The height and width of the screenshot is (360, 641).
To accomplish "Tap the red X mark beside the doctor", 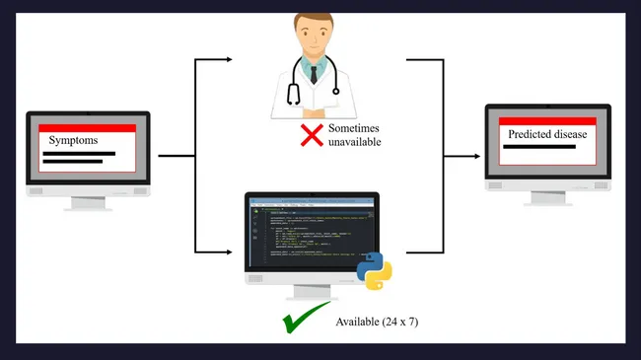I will tap(313, 135).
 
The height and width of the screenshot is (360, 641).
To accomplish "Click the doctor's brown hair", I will tap(315, 19).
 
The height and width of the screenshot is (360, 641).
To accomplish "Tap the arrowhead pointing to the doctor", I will tap(230, 60).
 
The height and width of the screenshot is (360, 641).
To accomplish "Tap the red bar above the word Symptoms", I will tap(87, 128).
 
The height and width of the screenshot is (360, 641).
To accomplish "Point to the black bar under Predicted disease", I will tap(539, 147).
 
